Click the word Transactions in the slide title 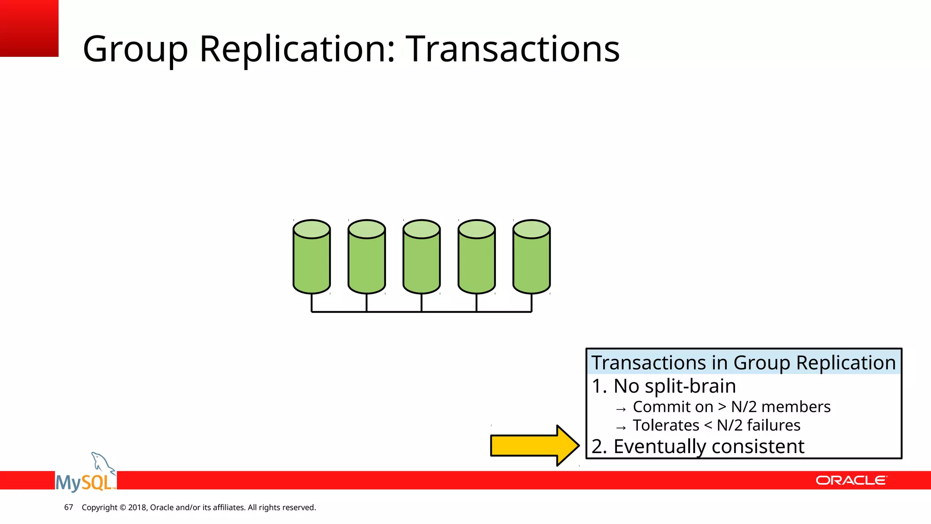click(x=512, y=49)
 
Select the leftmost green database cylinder click(x=311, y=257)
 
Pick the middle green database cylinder click(x=421, y=257)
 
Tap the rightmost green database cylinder click(x=531, y=257)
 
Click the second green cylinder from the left click(x=366, y=257)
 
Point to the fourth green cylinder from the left click(x=476, y=257)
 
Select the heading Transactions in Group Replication click(x=743, y=363)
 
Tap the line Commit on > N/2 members click(x=731, y=407)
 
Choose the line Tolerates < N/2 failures click(x=716, y=425)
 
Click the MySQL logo click(x=85, y=481)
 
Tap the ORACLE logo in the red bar click(x=851, y=480)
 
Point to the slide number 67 click(x=69, y=507)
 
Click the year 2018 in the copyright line click(x=137, y=507)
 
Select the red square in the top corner click(x=29, y=28)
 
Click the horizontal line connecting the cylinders click(x=394, y=312)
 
